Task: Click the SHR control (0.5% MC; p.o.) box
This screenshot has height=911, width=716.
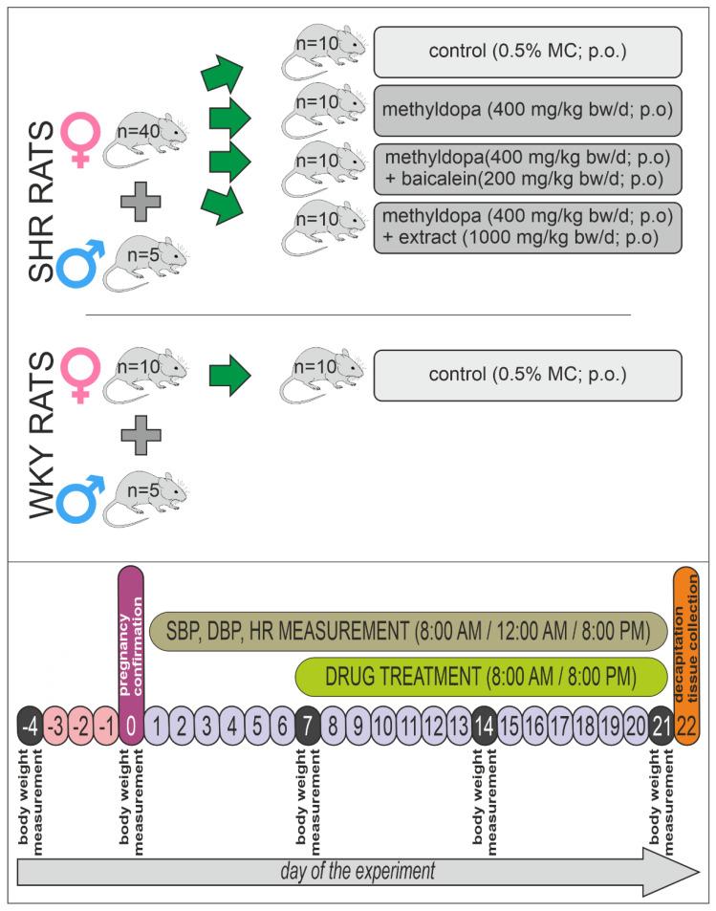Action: point(527,51)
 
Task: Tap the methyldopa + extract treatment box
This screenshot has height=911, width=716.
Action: point(527,228)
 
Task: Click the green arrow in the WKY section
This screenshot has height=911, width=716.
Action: point(230,374)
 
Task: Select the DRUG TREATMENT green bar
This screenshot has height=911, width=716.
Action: point(480,676)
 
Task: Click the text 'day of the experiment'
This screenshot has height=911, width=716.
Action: point(358,871)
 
